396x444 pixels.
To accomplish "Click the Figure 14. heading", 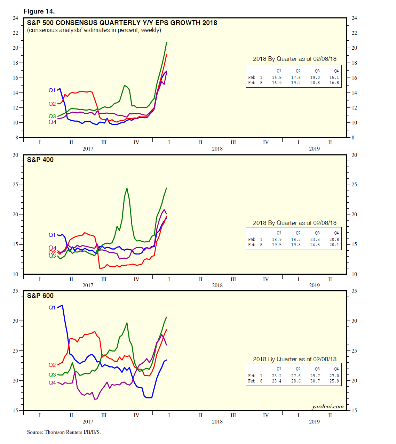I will tap(39, 11).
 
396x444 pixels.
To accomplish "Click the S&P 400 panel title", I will tap(40, 160).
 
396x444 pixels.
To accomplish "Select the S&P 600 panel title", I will tap(40, 296).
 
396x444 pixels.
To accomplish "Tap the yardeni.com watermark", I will tap(327, 406).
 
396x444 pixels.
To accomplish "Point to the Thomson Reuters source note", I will tap(64, 432).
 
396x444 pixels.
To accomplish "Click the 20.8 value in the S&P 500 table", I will tap(315, 83).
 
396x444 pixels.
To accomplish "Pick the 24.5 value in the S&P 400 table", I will tap(315, 245).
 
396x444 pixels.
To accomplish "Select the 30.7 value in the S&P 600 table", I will tap(315, 381).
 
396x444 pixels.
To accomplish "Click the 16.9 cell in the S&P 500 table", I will tap(277, 83).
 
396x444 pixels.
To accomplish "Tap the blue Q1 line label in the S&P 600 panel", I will tap(52, 308).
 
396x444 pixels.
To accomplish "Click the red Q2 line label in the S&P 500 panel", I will tap(52, 104).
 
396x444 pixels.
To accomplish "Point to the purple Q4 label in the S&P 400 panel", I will tap(52, 248).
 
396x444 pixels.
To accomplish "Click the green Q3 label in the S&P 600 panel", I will tap(52, 375).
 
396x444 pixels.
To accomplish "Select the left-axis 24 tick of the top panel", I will tap(16, 18).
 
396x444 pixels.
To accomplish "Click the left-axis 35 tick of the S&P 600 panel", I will tap(16, 291).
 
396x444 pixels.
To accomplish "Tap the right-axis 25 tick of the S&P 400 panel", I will tap(354, 185).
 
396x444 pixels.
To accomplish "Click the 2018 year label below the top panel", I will tap(217, 149).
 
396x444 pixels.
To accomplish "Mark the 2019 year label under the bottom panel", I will tap(314, 422).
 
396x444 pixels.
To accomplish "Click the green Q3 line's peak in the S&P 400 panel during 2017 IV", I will tap(127, 188).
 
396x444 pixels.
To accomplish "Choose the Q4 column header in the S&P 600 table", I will tap(336, 369).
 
